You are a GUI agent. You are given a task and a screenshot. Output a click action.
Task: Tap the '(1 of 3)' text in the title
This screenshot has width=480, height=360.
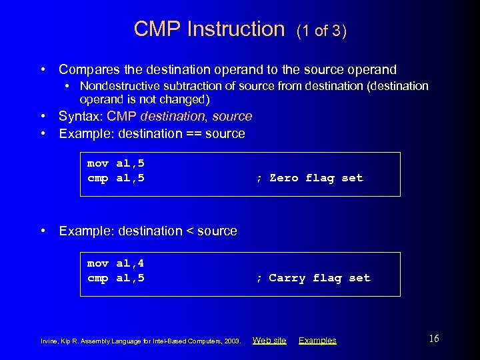tap(321, 31)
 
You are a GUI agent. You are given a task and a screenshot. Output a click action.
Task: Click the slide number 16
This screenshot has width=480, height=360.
tap(433, 339)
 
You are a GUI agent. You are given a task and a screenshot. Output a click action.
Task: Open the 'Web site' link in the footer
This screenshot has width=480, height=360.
tap(269, 341)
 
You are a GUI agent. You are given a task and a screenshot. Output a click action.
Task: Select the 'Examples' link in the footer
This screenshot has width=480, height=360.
tap(317, 341)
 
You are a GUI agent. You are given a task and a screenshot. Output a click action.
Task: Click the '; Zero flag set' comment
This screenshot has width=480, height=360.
tap(310, 178)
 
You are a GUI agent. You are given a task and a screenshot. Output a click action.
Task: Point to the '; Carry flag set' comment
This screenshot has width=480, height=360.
tap(313, 278)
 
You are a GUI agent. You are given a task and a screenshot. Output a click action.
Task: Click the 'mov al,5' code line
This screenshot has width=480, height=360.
tap(116, 163)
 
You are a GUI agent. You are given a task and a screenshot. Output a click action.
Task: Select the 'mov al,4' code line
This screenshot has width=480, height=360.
tap(116, 263)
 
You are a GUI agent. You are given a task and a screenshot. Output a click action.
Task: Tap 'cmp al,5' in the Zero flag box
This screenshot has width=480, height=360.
tap(116, 178)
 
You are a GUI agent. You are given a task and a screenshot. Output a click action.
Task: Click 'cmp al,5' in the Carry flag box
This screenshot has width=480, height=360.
tap(116, 278)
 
